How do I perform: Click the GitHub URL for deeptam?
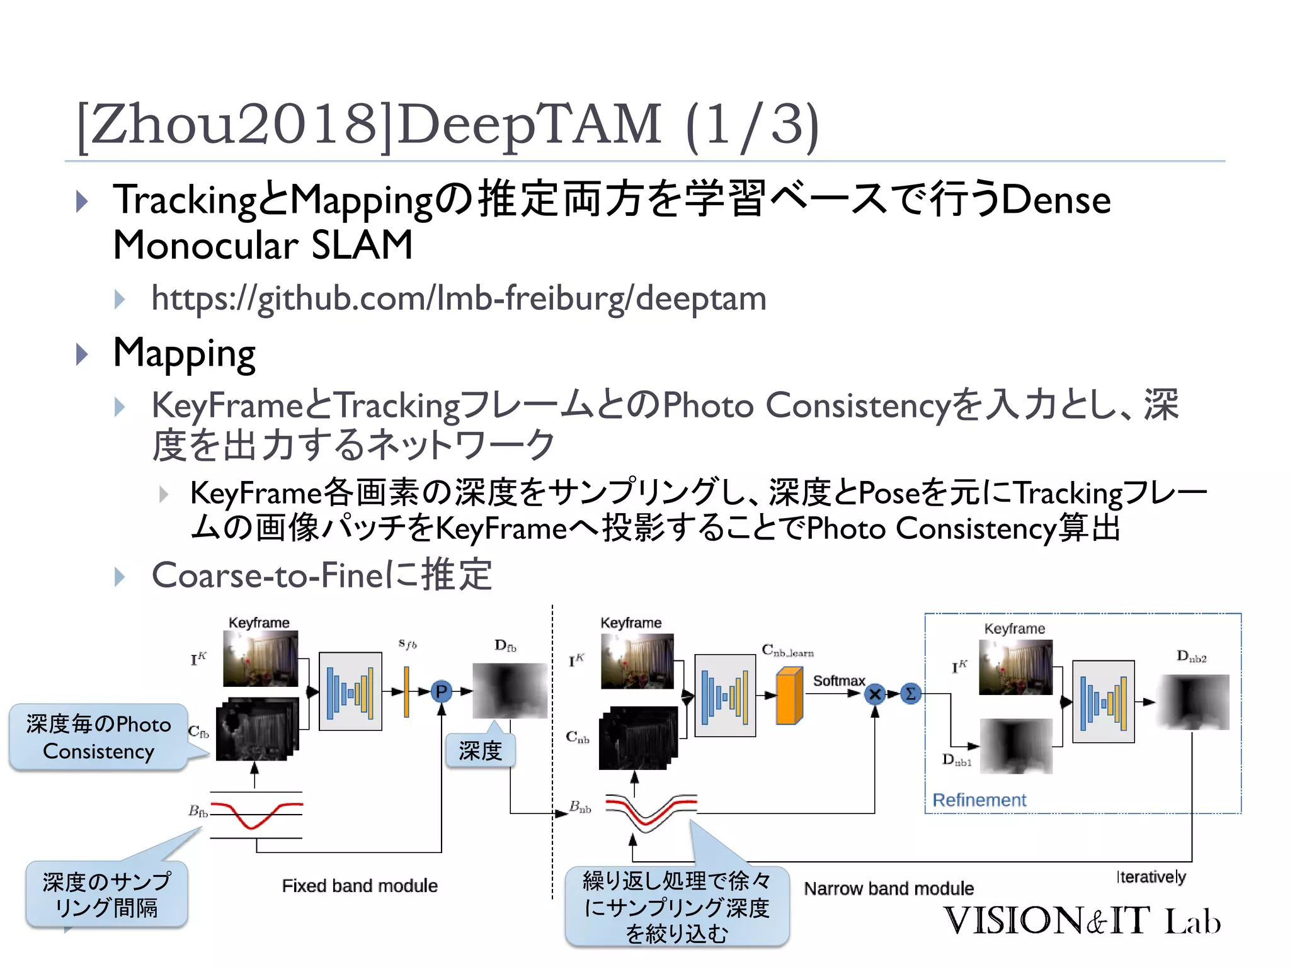pos(459,298)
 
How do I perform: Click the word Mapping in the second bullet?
pos(184,353)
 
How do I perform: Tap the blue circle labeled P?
pos(442,691)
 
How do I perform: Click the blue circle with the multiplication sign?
pos(875,694)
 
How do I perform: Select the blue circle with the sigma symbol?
pos(910,694)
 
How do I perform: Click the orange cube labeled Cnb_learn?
pos(789,696)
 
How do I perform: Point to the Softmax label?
pos(838,681)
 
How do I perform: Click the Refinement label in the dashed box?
pos(979,800)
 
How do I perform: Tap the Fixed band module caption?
pos(360,886)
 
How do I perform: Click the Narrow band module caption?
pos(888,888)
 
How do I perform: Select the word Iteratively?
pos(1151,876)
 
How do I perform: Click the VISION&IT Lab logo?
pos(1082,920)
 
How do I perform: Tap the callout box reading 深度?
pos(480,750)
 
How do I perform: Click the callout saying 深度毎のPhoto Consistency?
pos(98,737)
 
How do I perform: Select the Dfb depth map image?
pos(510,691)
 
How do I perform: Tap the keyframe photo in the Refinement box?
pos(1015,667)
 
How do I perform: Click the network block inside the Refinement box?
pos(1103,702)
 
